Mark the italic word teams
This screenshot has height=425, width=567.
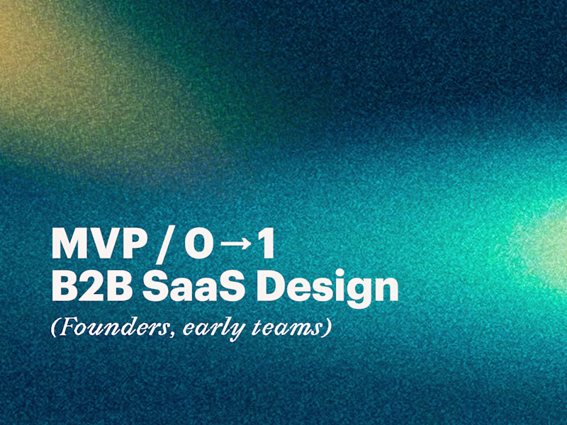click(x=283, y=329)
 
